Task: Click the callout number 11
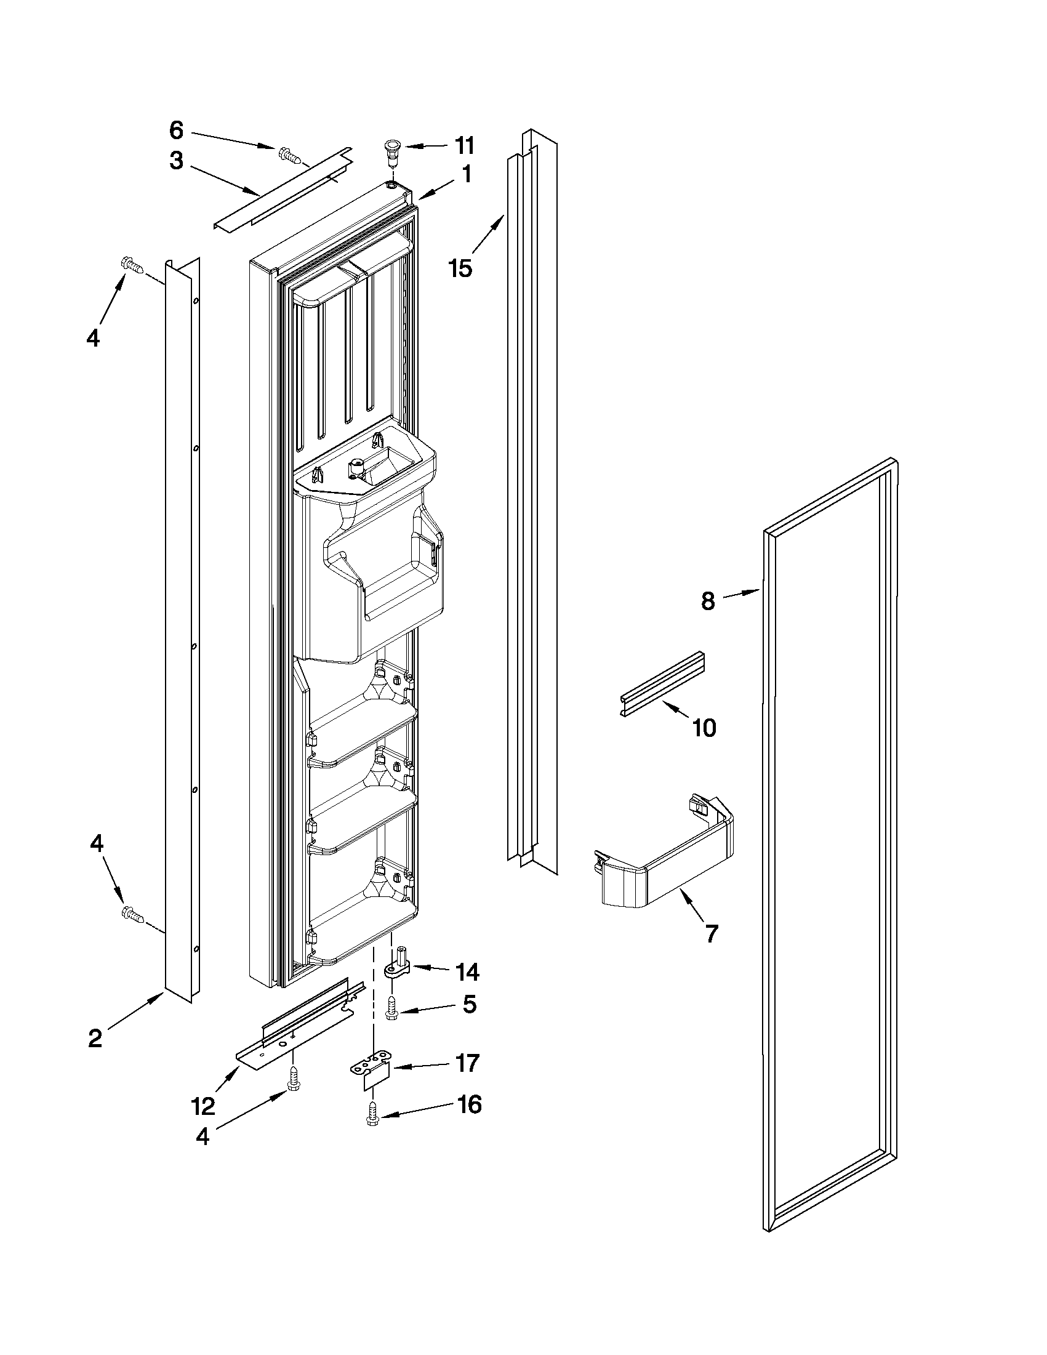pyautogui.click(x=464, y=146)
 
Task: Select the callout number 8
pyautogui.click(x=708, y=601)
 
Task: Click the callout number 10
pyautogui.click(x=704, y=727)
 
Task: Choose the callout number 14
pyautogui.click(x=467, y=972)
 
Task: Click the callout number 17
pyautogui.click(x=467, y=1063)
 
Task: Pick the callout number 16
pyautogui.click(x=469, y=1104)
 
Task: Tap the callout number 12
pyautogui.click(x=204, y=1106)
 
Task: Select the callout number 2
pyautogui.click(x=95, y=1039)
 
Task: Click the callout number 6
pyautogui.click(x=176, y=131)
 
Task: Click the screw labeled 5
pyautogui.click(x=391, y=1010)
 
